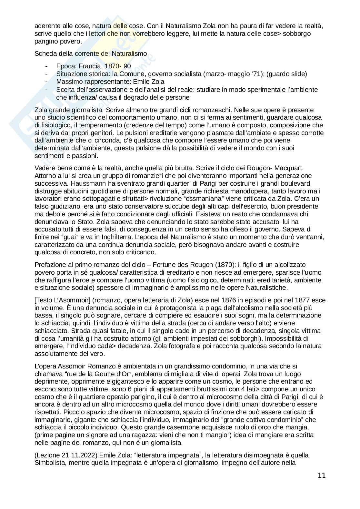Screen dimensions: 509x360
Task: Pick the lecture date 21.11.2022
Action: tap(79, 455)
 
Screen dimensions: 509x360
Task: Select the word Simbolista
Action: tap(50, 463)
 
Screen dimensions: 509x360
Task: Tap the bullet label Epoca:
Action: tap(66, 66)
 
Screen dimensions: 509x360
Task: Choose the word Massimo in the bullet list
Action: tap(68, 82)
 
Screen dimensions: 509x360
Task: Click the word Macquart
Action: tap(291, 168)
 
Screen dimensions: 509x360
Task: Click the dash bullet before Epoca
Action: tap(47, 66)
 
